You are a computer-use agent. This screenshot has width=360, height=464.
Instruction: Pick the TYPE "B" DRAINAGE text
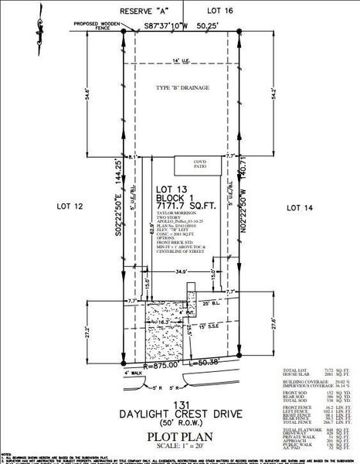[x=182, y=87]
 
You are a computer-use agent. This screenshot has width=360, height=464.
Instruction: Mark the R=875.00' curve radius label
[x=160, y=363]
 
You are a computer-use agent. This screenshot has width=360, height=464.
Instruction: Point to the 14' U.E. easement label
[x=181, y=60]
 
